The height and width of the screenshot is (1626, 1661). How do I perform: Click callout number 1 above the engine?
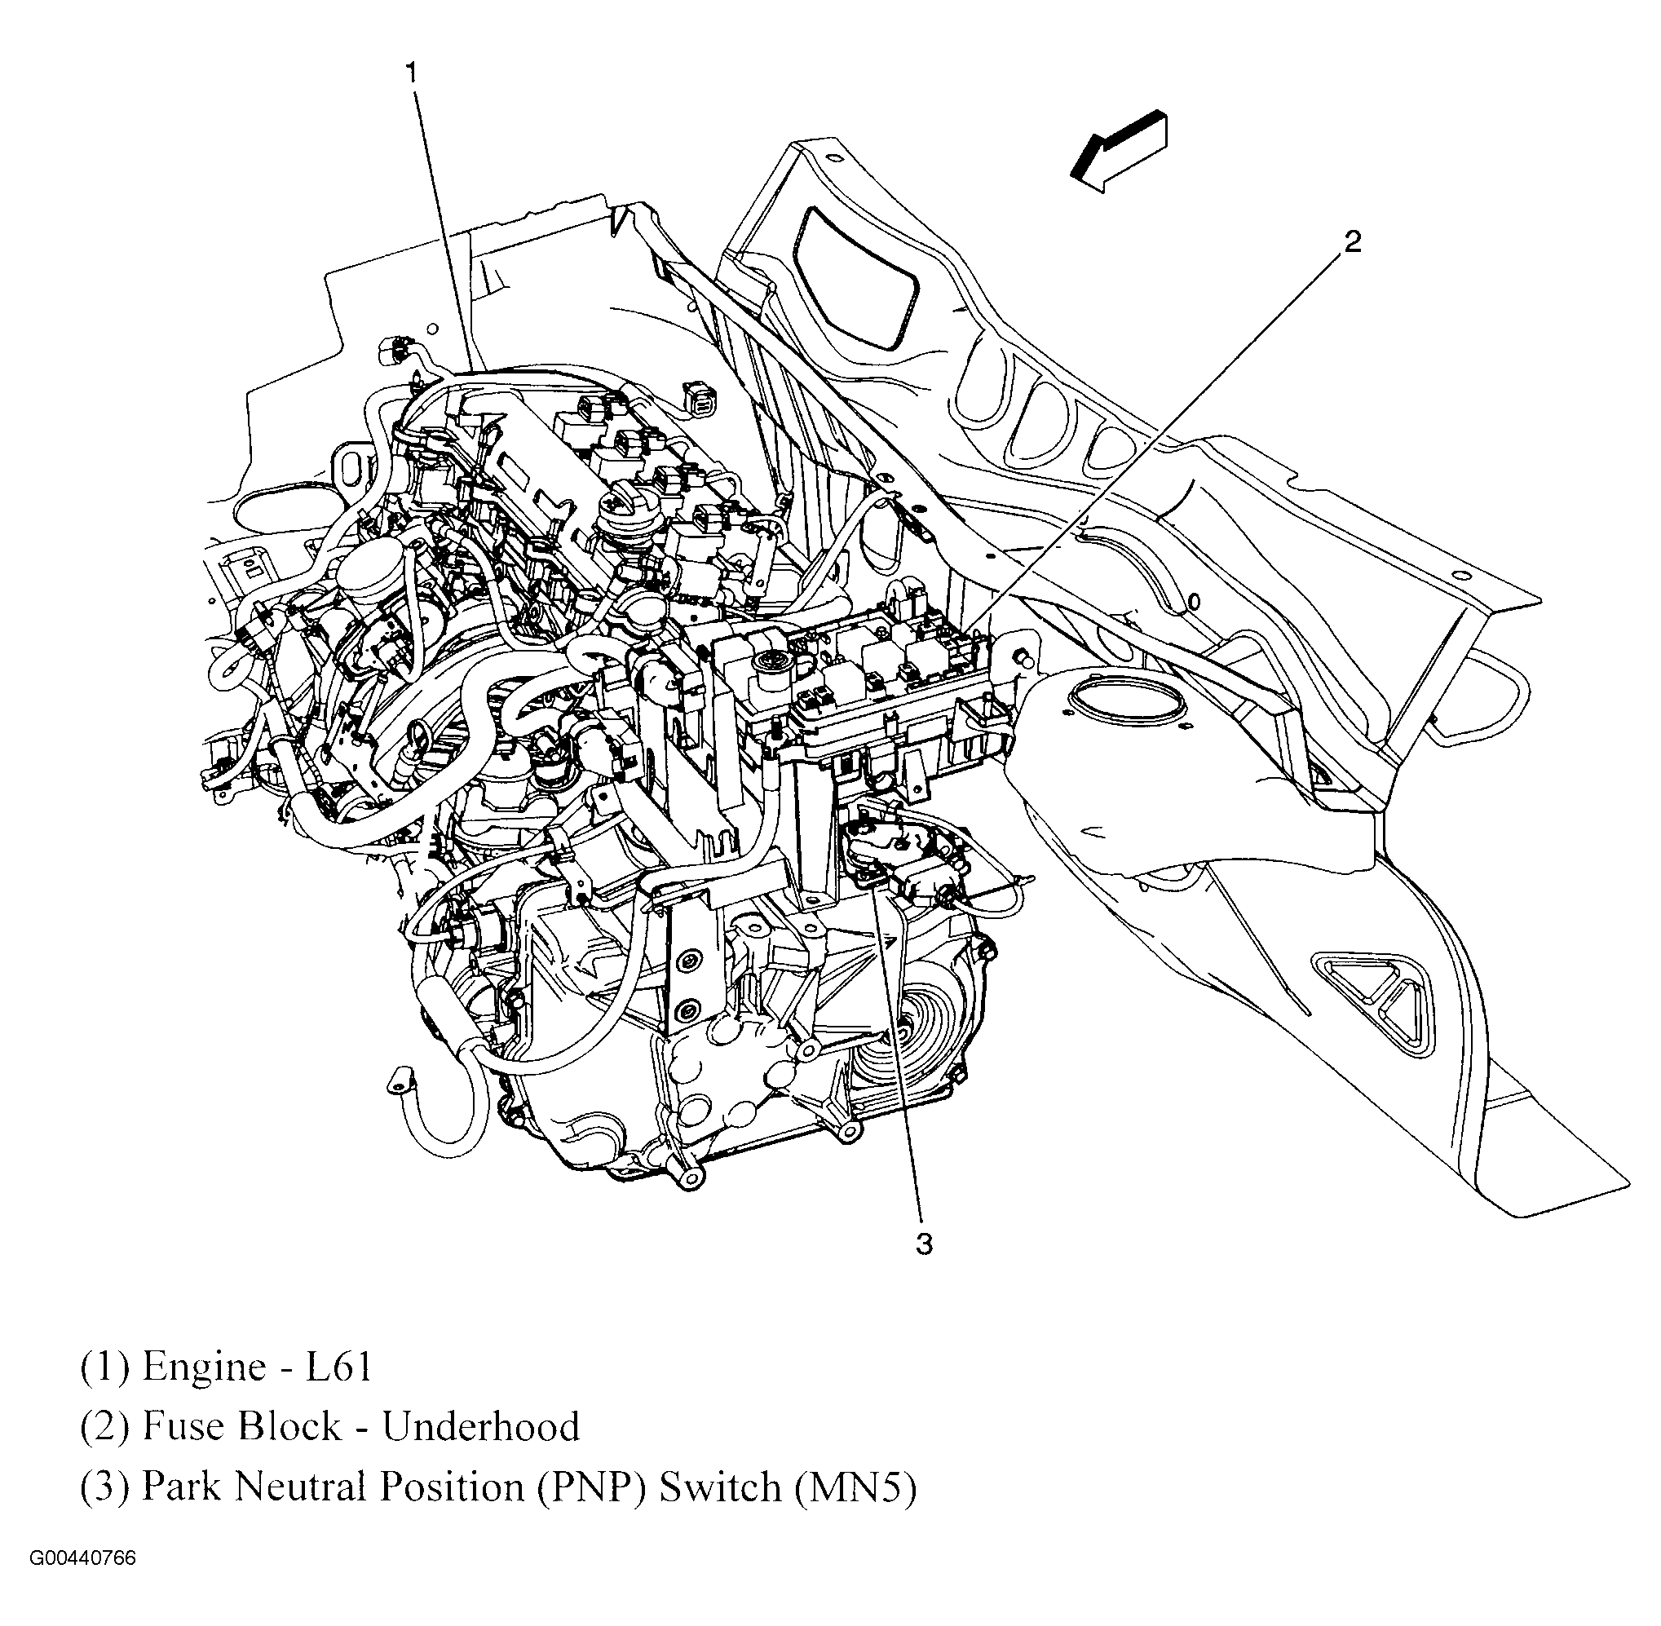413,74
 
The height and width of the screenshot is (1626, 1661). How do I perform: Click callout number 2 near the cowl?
1352,243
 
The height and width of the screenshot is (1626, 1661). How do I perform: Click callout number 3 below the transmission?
924,1244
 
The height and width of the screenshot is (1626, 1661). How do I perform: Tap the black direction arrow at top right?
1118,150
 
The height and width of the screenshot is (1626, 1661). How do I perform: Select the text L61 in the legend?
339,1368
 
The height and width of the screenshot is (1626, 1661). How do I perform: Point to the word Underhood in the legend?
481,1426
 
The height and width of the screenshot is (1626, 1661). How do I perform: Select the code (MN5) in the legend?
855,1487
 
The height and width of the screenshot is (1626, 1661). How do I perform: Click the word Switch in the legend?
721,1487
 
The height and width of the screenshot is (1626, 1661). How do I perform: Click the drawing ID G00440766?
83,1583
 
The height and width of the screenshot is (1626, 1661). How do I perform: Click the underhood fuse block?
854,683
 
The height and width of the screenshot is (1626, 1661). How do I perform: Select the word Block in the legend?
289,1426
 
